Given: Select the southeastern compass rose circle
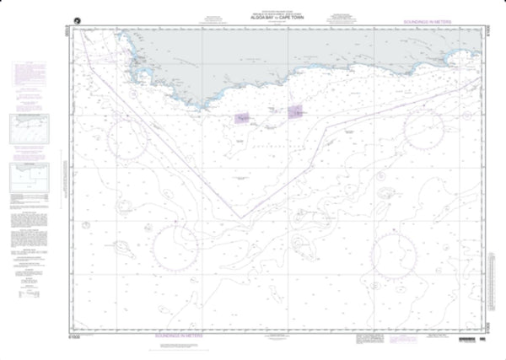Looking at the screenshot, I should coord(395,251).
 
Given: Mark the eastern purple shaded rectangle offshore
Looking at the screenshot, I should coord(297,111).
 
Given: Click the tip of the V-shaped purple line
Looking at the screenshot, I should coord(240,218).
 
